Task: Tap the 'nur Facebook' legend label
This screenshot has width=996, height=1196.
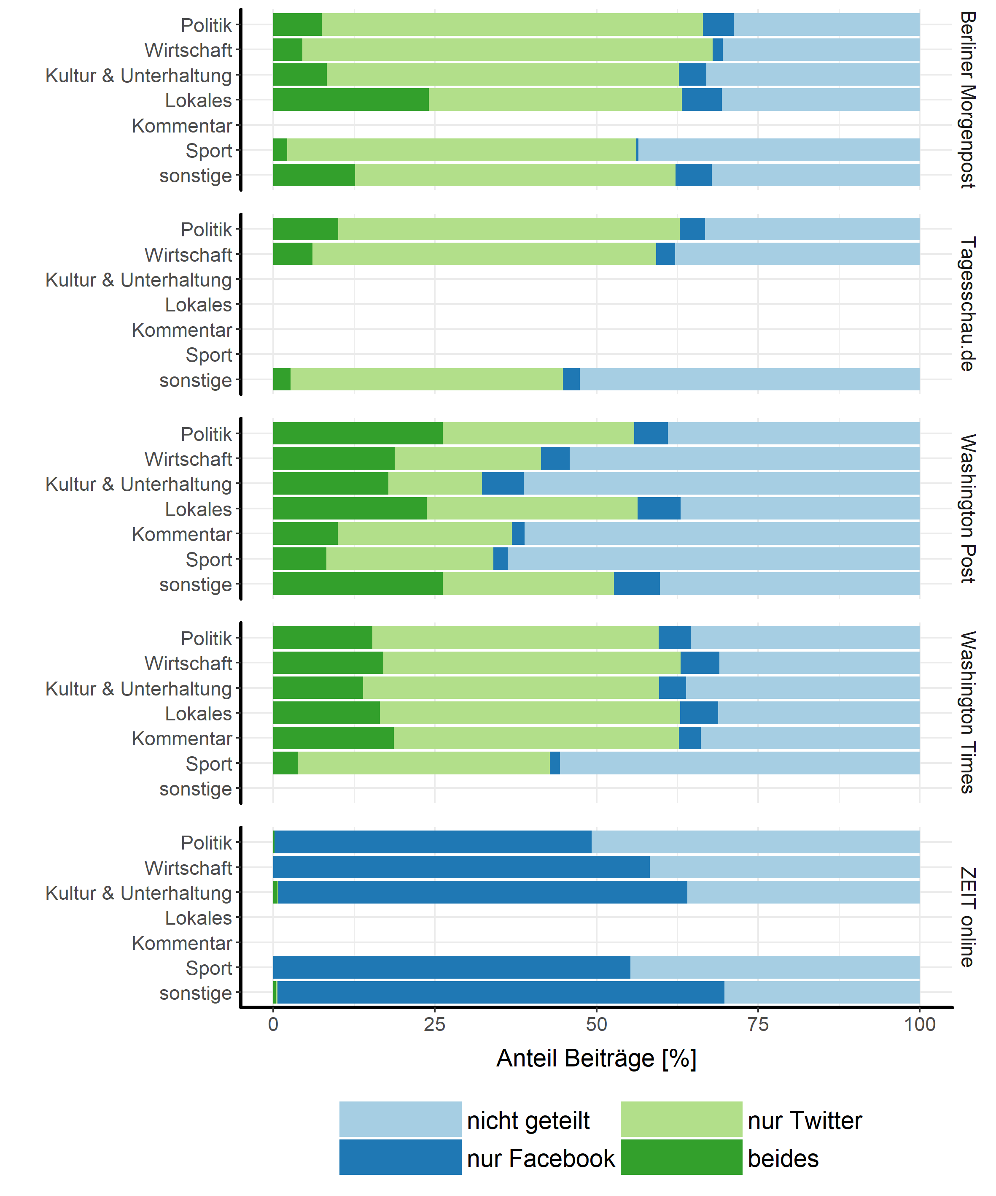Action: coord(541,1158)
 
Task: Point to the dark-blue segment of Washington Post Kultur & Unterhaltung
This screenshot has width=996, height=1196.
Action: coord(503,484)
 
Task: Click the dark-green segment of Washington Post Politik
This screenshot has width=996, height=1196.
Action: coord(358,433)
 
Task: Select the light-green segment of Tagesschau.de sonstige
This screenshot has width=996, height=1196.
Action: coord(426,379)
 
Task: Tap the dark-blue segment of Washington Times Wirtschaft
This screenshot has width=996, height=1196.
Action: coord(700,663)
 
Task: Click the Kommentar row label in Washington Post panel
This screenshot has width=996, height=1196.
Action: coord(182,534)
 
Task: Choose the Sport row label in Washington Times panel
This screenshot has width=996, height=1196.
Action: coord(208,764)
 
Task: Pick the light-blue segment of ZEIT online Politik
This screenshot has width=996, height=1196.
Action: coord(755,842)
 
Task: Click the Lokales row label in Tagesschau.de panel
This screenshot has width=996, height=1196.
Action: coord(198,305)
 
